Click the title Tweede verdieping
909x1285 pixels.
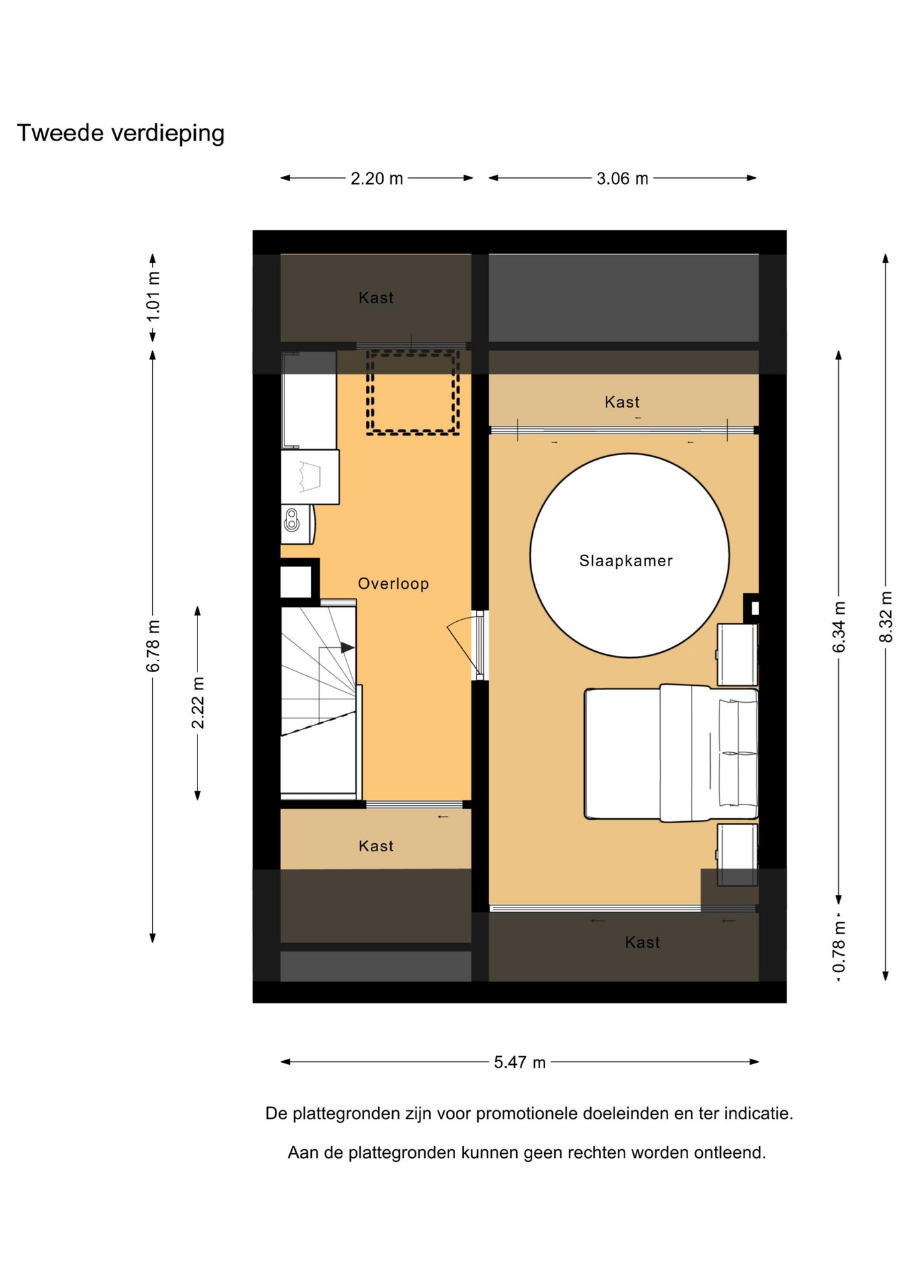point(120,133)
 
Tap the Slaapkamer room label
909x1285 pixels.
point(626,561)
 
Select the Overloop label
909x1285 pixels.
point(393,584)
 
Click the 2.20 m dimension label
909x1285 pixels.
point(377,179)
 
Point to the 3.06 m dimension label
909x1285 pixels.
point(623,179)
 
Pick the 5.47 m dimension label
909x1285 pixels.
point(519,1062)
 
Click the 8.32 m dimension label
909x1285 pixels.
point(886,616)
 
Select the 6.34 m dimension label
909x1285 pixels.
point(839,626)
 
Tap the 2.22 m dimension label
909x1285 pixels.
point(197,703)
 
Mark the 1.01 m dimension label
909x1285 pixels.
point(153,296)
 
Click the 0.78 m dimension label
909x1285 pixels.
point(839,947)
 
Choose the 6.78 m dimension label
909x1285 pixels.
point(153,646)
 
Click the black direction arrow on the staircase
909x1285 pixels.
point(347,648)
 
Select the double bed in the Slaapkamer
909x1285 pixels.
point(671,753)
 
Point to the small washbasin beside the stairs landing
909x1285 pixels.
point(297,524)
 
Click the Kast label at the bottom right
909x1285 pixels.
point(642,942)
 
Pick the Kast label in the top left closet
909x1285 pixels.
point(376,298)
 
